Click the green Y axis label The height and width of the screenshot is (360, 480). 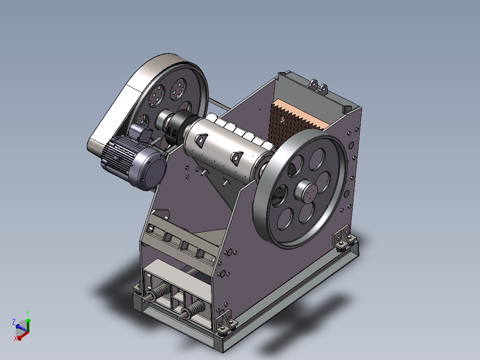pyautogui.click(x=28, y=314)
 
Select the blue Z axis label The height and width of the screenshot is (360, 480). pyautogui.click(x=14, y=322)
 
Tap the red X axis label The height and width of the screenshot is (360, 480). pyautogui.click(x=15, y=338)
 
